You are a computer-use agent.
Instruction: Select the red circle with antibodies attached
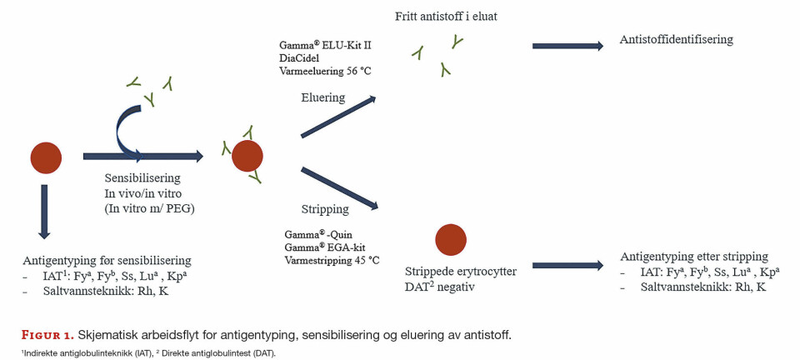click(x=247, y=156)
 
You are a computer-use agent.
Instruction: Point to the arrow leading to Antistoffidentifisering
click(x=567, y=46)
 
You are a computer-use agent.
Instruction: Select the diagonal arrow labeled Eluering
click(x=337, y=117)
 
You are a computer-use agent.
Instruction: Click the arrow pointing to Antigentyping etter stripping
click(x=567, y=265)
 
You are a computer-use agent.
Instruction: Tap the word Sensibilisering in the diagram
click(x=142, y=178)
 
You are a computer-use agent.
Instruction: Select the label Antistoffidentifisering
click(x=677, y=39)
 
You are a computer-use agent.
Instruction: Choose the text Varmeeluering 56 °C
click(x=325, y=72)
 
